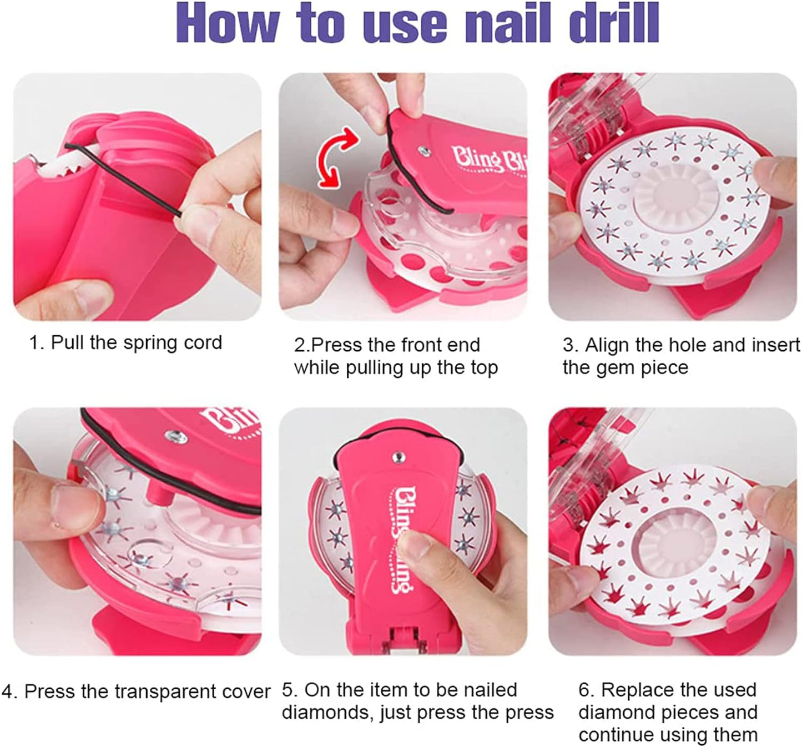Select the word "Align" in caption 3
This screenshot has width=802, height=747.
pyautogui.click(x=606, y=345)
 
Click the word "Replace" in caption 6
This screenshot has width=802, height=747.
pyautogui.click(x=638, y=689)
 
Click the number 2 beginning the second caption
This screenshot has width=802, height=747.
pyautogui.click(x=299, y=345)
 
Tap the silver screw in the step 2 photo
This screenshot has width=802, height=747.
pyautogui.click(x=424, y=151)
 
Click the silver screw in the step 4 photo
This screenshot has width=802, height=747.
pyautogui.click(x=176, y=437)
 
